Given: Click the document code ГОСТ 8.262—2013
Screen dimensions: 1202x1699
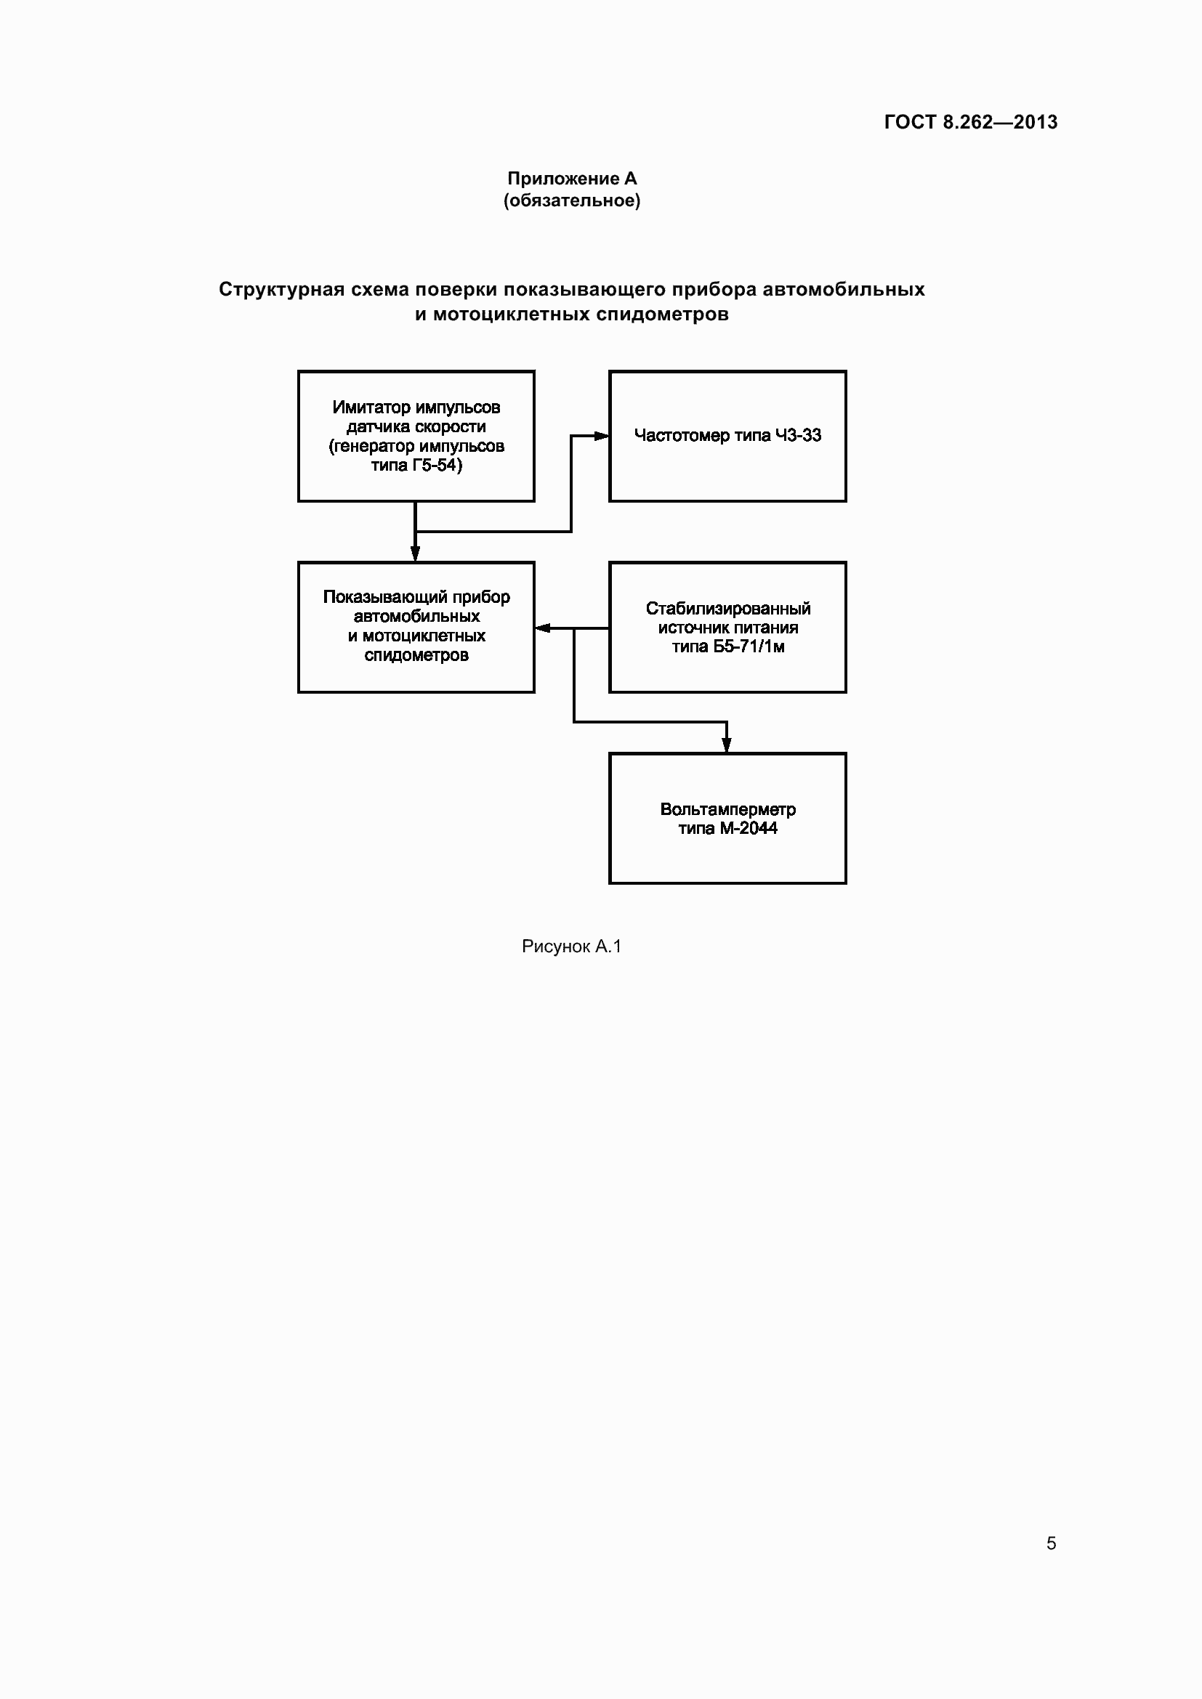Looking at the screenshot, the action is (x=970, y=122).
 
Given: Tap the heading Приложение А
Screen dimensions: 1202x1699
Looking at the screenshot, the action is (x=571, y=179).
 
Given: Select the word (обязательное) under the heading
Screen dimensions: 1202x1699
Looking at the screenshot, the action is (x=571, y=200).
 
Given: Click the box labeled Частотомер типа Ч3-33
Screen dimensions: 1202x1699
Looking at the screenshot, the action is (x=727, y=436).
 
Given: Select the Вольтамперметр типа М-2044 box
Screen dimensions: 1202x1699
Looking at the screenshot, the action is (x=727, y=818).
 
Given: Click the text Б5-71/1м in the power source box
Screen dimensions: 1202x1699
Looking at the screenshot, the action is (x=749, y=646).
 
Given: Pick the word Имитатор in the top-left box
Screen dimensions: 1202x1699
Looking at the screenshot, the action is (x=371, y=407).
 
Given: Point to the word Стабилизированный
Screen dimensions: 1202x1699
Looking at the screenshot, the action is (x=727, y=608).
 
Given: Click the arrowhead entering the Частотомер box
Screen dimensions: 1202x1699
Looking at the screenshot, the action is (x=602, y=436).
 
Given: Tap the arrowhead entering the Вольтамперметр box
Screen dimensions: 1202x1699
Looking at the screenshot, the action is (x=727, y=745).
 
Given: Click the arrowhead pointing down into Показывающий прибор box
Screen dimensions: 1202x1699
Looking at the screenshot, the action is (x=415, y=554).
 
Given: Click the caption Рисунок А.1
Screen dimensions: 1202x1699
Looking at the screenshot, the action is (x=571, y=946).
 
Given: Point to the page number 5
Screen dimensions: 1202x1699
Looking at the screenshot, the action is (x=1051, y=1543).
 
